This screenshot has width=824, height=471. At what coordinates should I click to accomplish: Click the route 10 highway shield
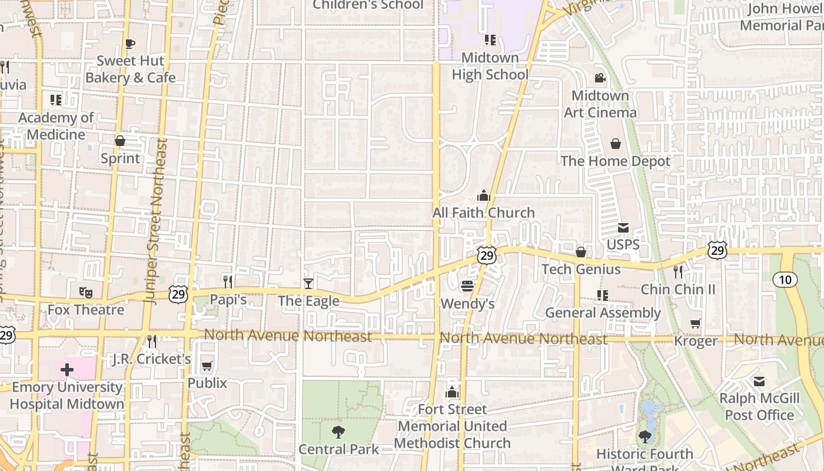point(785,279)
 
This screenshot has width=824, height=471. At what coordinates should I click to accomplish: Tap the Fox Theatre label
point(86,310)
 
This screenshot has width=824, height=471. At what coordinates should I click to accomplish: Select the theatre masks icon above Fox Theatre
point(86,291)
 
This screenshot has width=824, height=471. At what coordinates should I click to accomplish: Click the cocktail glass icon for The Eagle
point(308,283)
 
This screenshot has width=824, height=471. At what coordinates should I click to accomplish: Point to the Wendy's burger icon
point(467,286)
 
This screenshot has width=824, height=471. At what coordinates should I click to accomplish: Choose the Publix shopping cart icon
point(207,366)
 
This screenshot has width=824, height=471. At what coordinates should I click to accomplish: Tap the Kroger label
point(696,341)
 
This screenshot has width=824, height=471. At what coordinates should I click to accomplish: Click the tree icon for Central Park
point(338,432)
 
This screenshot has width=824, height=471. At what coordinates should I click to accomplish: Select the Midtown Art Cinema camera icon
point(600,78)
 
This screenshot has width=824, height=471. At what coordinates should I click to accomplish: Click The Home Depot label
point(615,161)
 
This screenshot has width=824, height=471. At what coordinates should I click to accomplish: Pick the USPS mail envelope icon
point(623,228)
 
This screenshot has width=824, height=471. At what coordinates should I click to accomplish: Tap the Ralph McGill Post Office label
point(759,407)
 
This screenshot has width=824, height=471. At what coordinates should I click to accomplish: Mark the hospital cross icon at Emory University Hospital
point(67,370)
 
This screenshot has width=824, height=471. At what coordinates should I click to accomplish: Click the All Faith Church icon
point(483,195)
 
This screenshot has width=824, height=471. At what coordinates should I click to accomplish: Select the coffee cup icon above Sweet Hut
point(130,44)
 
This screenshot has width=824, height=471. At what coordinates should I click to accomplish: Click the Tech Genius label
point(581,269)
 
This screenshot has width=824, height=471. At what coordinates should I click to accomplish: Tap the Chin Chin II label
point(678,289)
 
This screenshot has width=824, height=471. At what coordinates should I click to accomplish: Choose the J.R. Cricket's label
point(152,359)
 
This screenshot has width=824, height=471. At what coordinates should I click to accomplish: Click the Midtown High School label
point(490,66)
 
